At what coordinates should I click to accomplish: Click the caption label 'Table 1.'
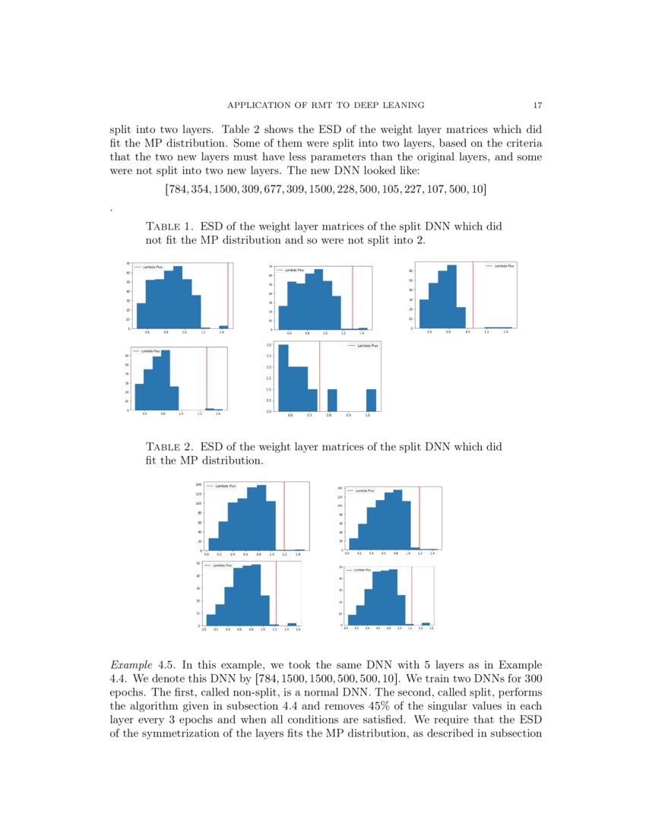(169, 227)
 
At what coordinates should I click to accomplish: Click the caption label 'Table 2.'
(169, 447)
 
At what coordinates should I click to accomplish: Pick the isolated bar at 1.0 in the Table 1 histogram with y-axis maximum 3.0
(371, 400)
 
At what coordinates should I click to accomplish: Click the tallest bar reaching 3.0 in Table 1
(283, 378)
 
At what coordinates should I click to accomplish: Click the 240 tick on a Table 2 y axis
(198, 484)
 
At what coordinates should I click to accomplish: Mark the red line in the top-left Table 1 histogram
(228, 296)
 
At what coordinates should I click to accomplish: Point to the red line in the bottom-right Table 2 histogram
(411, 597)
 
